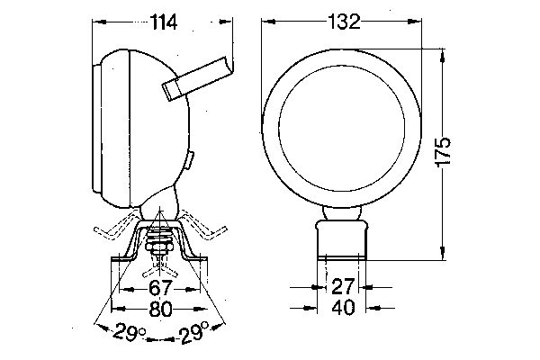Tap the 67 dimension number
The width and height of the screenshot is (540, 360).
pyautogui.click(x=160, y=288)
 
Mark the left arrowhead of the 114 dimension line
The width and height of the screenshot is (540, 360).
pyautogui.click(x=97, y=22)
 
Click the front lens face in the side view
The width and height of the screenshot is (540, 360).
pyautogui.click(x=96, y=126)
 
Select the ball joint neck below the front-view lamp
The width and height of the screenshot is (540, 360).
pyautogui.click(x=342, y=212)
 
